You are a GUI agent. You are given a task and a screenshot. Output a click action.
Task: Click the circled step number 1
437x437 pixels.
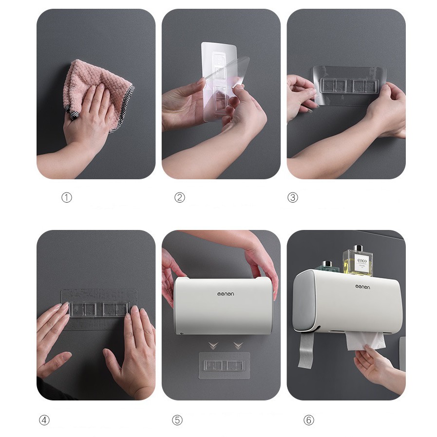(x=67, y=197)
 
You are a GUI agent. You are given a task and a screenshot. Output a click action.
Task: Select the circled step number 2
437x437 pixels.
(x=180, y=197)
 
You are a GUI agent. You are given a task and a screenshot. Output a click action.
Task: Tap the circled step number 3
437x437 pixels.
(x=292, y=197)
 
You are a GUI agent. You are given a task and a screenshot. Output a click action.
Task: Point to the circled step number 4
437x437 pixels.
(x=44, y=420)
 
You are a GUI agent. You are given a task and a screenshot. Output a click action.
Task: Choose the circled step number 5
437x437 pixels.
(x=177, y=420)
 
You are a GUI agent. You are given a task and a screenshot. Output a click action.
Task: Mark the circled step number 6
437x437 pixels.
(x=309, y=420)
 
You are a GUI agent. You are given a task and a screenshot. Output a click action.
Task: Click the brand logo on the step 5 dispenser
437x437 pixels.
(x=226, y=294)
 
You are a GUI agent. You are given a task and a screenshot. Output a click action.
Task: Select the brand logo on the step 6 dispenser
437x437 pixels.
(x=361, y=287)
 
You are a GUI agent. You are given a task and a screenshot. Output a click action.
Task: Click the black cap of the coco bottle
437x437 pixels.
(x=360, y=248)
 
